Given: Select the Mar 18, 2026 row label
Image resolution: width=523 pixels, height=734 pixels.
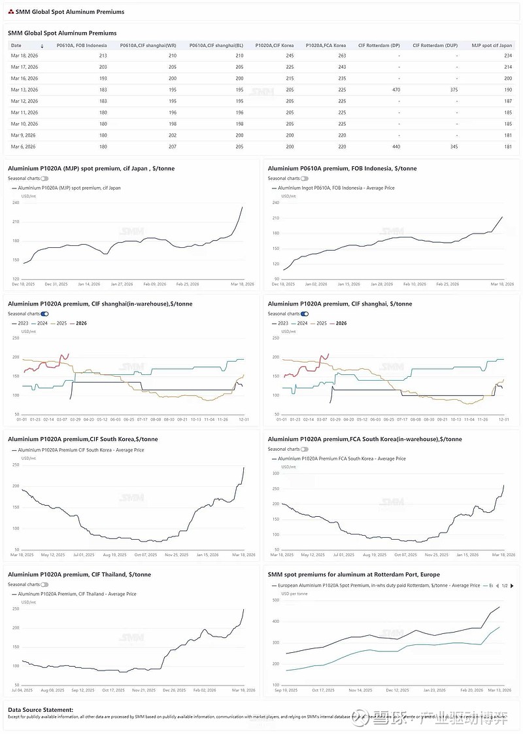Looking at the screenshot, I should tap(24, 56).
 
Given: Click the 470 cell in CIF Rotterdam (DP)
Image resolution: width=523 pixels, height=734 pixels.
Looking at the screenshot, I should tap(396, 90).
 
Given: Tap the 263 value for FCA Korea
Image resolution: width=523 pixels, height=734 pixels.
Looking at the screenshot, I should tap(342, 56).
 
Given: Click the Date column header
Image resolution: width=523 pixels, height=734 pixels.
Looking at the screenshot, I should tap(17, 46).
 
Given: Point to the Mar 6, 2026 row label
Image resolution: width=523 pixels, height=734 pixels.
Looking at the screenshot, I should tap(24, 147).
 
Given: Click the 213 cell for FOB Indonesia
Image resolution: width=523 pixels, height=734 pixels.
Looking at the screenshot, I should tap(103, 56).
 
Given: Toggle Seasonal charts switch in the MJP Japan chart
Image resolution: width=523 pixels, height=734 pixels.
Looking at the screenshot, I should tap(44, 179).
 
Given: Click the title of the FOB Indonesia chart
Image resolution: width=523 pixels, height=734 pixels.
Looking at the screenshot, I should tap(342, 168).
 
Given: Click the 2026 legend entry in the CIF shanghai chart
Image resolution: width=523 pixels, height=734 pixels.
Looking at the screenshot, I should tap(341, 323).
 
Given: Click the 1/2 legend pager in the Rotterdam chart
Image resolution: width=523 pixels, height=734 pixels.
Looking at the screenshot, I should tap(505, 585).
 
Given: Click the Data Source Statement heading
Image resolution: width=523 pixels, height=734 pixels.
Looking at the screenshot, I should tap(41, 709).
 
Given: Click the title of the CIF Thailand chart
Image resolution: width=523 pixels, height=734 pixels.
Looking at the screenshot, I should tap(79, 574).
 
